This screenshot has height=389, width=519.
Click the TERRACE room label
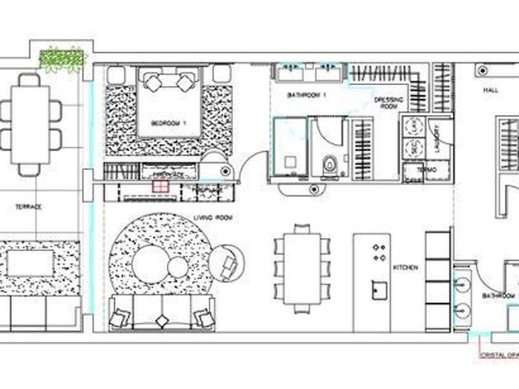point(28,207)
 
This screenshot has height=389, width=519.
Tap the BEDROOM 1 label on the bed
point(168,123)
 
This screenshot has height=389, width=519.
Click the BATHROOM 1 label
point(307,95)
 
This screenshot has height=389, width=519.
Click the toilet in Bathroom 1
point(330,165)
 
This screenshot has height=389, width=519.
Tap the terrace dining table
point(29,124)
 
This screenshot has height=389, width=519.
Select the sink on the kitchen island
point(376,289)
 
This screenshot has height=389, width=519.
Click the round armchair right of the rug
point(226,263)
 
